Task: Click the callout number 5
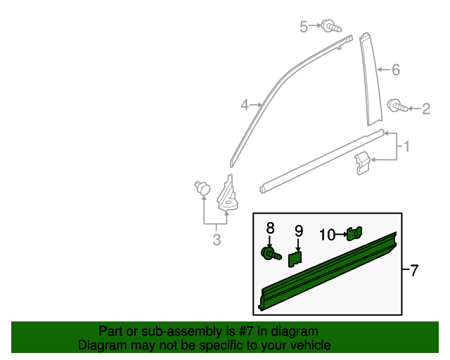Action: pos(304,27)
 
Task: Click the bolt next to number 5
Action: pos(331,26)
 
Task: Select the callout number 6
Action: pos(395,70)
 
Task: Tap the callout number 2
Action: pos(425,108)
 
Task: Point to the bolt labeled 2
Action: pos(397,107)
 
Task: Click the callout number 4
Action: pos(245,105)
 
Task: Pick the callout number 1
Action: pos(406,147)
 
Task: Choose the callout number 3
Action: pos(217,240)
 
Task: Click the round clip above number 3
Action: pos(203,188)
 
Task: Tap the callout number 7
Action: pos(413,270)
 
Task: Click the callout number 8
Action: pos(269,228)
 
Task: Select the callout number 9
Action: pos(298,230)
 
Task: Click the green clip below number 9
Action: pos(296,259)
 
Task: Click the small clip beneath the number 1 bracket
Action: pos(362,162)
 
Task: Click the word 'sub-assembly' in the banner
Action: pos(181,331)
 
